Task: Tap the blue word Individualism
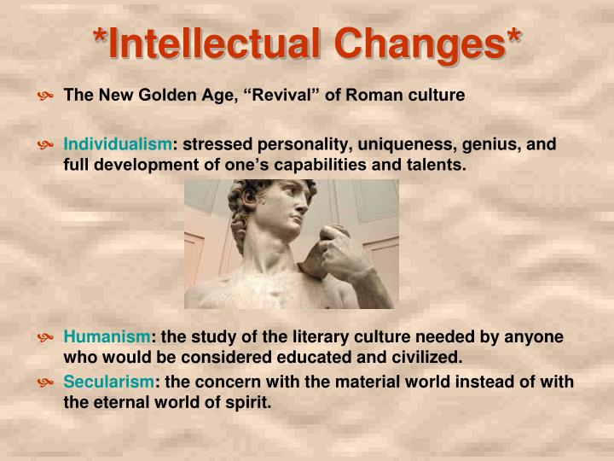point(118,144)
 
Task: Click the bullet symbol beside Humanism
point(46,337)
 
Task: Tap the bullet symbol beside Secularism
point(46,382)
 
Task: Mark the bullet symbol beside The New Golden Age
point(46,96)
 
